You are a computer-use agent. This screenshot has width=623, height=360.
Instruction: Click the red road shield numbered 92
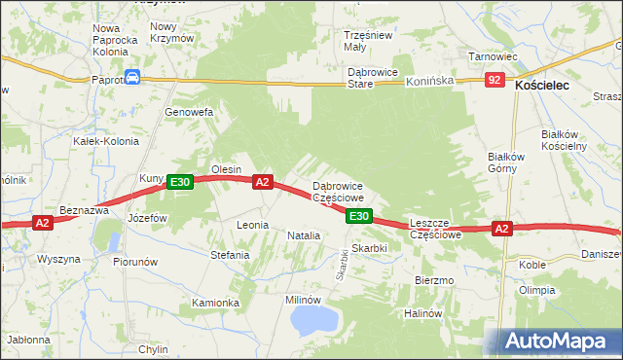(495, 81)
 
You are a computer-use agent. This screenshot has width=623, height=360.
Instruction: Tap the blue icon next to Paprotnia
(132, 79)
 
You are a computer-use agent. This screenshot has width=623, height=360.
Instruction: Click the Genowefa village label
(188, 112)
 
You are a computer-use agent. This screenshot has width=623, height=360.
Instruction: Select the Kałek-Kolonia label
(106, 141)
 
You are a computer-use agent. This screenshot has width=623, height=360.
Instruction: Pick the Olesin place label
(227, 169)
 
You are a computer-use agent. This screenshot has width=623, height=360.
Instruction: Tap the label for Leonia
(252, 225)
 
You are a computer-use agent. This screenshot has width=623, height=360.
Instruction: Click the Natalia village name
(304, 235)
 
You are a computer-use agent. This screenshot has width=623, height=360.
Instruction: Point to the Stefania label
(230, 255)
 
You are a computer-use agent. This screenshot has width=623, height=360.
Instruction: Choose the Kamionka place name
(215, 303)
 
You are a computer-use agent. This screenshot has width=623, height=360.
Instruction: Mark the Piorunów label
(135, 262)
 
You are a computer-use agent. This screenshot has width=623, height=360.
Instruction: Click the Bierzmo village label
(434, 280)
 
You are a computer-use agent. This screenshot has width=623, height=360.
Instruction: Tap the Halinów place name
(423, 313)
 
